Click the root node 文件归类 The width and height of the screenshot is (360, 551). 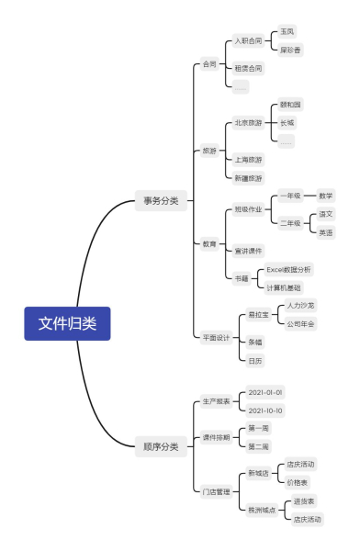67,323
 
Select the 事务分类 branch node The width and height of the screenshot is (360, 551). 162,199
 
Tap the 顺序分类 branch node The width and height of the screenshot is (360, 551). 162,447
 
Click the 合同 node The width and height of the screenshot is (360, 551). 210,64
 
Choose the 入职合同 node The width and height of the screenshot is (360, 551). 248,41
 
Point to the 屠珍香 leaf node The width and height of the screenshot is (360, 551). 292,50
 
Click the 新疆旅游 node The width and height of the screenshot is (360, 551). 248,177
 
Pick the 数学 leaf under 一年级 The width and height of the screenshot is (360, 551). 325,196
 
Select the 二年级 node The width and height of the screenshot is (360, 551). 291,222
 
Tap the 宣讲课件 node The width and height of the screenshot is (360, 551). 248,250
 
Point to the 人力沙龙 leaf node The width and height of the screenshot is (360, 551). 300,305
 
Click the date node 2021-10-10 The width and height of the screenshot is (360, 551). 265,410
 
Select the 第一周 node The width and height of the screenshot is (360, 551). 258,429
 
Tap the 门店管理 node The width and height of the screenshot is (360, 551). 217,491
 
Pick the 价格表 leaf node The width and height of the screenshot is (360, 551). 299,481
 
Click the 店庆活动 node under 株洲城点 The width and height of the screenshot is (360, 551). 307,519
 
